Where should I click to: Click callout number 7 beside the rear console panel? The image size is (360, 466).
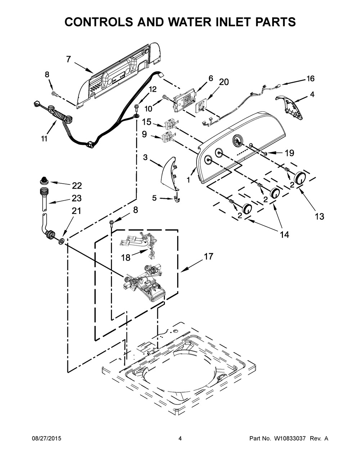click(68, 59)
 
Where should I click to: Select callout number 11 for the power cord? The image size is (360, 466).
click(44, 139)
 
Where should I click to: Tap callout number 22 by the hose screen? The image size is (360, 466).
click(77, 186)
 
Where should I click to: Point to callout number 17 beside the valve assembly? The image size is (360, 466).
click(209, 256)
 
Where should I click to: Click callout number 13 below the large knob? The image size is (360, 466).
click(320, 216)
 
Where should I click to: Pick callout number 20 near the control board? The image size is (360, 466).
click(224, 82)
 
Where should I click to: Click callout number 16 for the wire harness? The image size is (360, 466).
click(310, 79)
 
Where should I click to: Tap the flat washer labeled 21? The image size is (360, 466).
click(61, 242)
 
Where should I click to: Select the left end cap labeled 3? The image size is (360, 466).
click(170, 173)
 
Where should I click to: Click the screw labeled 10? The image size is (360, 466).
click(166, 97)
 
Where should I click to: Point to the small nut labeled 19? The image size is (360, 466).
click(265, 153)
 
